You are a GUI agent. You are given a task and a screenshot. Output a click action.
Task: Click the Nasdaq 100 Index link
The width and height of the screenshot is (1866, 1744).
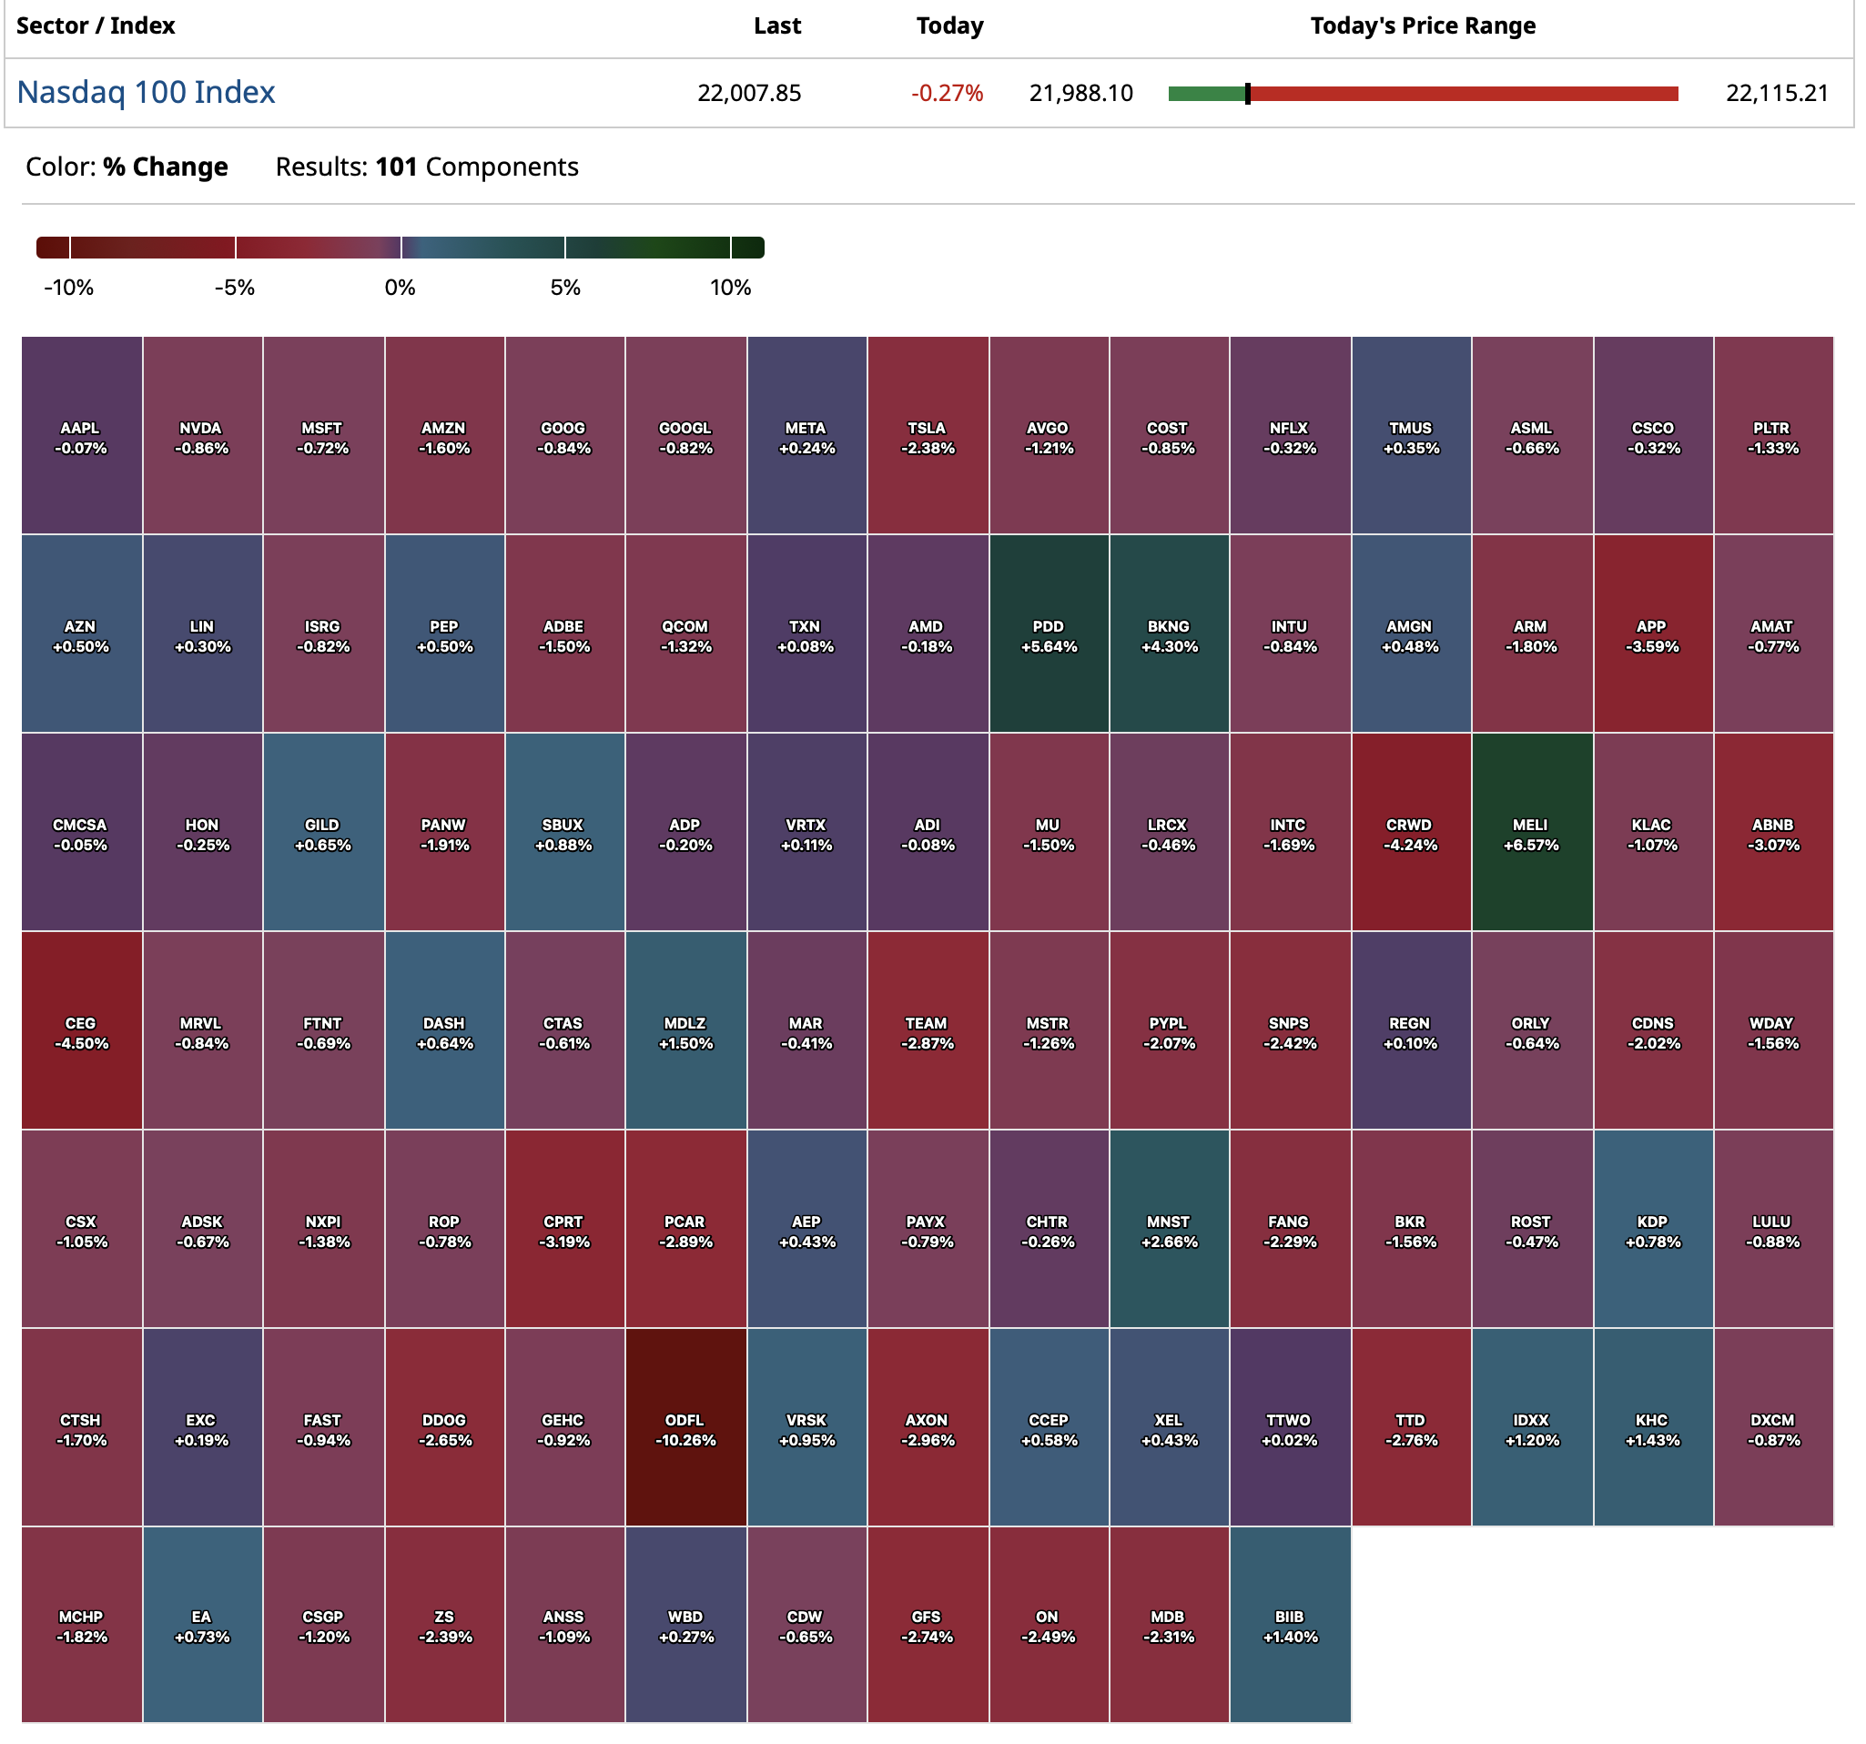tap(146, 92)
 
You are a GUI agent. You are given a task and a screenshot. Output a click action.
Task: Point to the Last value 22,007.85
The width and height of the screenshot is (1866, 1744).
tap(748, 93)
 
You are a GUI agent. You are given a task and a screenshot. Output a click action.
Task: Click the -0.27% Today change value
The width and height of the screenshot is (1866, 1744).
tap(946, 93)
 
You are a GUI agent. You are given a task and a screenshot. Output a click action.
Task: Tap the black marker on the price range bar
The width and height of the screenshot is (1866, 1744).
tap(1247, 93)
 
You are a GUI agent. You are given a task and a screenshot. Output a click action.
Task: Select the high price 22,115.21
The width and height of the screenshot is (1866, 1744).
tap(1776, 93)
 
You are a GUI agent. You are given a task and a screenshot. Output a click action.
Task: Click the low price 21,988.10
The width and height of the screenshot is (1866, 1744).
tap(1080, 93)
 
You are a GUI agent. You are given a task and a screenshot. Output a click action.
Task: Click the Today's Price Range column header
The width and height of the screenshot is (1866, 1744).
tap(1422, 25)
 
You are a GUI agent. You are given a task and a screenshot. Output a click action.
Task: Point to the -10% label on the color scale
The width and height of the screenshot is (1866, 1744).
tap(68, 288)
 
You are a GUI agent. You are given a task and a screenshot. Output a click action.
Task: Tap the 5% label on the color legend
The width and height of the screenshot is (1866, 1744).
tap(565, 288)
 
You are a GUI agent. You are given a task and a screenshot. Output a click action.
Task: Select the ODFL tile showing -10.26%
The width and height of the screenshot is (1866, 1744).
tap(685, 1427)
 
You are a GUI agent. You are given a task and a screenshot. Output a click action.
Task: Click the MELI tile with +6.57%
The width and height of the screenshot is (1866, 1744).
tap(1531, 833)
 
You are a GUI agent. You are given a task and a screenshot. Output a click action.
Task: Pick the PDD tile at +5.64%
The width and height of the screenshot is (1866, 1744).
tap(1049, 634)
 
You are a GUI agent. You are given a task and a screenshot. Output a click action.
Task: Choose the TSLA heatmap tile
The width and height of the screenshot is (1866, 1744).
tap(928, 435)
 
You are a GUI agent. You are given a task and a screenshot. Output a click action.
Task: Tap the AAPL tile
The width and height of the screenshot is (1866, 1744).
tap(81, 435)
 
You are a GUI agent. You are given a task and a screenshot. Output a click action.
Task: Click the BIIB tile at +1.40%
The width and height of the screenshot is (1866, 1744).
tap(1290, 1625)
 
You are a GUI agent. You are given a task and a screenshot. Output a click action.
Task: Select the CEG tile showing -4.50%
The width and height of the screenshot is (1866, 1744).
tap(81, 1030)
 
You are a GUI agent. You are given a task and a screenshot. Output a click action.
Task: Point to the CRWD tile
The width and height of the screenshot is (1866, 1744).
tap(1410, 833)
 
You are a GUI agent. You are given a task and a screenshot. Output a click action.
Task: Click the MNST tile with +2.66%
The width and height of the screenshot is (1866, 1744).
tap(1169, 1230)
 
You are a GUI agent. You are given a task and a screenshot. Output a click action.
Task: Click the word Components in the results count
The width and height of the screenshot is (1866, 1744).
tap(502, 167)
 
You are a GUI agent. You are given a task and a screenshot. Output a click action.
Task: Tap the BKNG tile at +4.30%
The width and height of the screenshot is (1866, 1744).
tap(1169, 634)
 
